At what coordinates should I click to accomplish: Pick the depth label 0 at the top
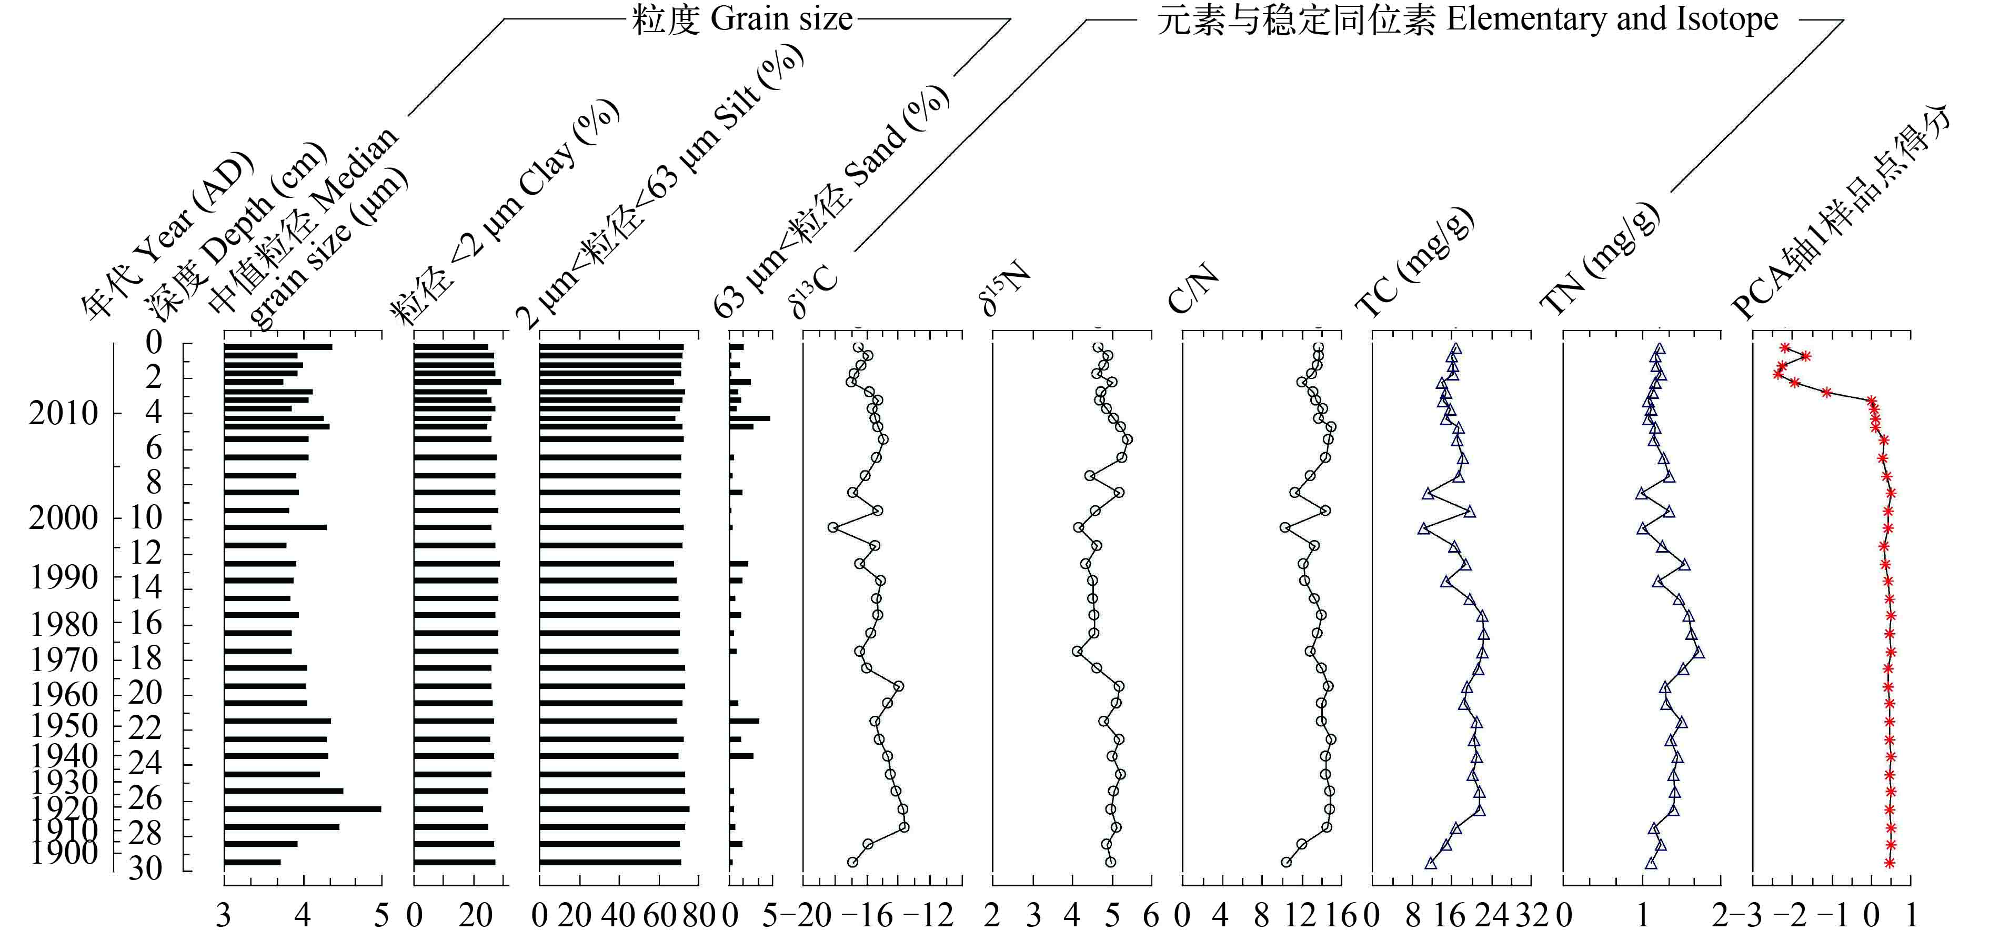(154, 342)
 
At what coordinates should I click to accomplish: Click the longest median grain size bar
(302, 809)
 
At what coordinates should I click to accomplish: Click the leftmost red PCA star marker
(1778, 374)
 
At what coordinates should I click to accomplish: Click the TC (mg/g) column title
(1414, 263)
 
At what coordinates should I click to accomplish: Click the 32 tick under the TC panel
(1531, 915)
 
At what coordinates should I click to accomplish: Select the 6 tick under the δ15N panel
(1151, 915)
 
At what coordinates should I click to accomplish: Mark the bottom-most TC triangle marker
(1431, 863)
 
